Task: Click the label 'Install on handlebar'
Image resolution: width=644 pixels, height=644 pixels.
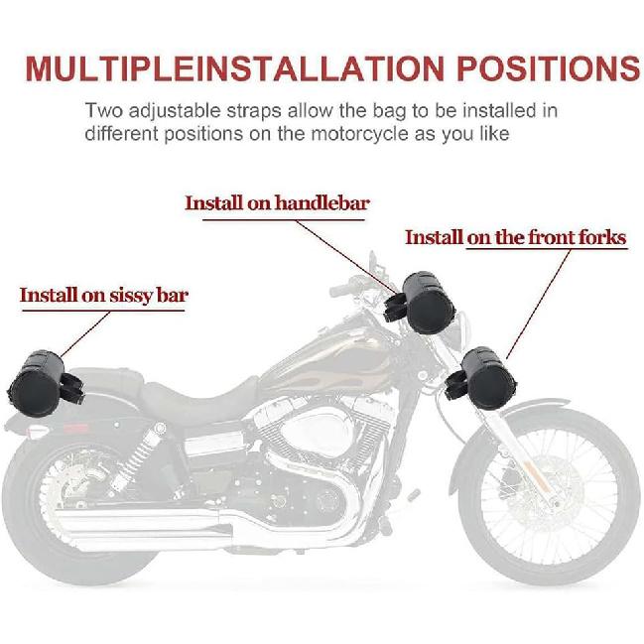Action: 277,203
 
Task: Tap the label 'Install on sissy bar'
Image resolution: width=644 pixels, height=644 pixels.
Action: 104,295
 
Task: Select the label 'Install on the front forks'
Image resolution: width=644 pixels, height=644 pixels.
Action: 515,237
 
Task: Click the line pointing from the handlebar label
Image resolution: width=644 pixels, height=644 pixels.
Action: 357,248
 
